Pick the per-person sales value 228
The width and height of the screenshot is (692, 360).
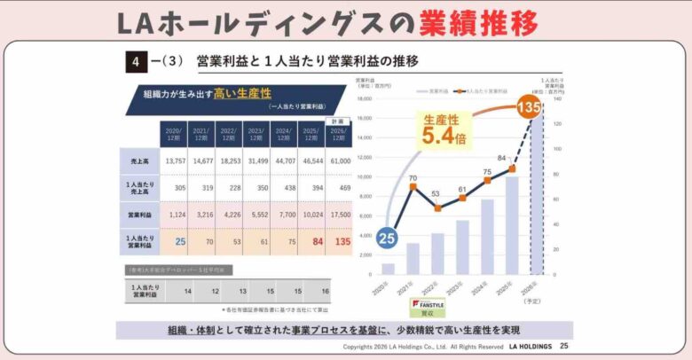click(x=230, y=187)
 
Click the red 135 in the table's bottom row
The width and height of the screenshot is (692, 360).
click(x=337, y=240)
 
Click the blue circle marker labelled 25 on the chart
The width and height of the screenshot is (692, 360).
click(x=387, y=238)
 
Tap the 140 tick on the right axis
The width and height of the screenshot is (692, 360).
click(x=559, y=99)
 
